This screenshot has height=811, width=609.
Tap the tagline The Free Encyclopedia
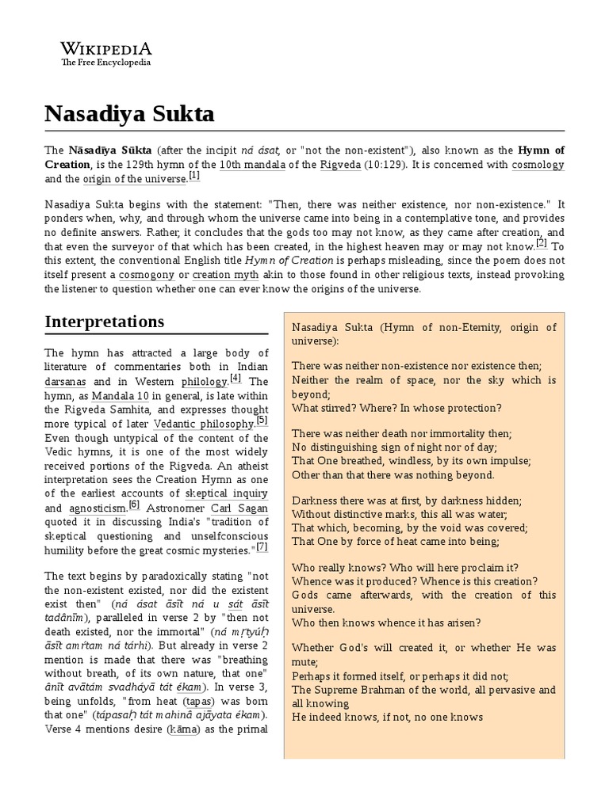(98, 63)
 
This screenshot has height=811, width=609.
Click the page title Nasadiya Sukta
(128, 113)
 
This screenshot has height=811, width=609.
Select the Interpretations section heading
(105, 321)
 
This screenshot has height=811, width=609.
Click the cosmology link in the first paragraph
(538, 165)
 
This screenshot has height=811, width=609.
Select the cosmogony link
(147, 274)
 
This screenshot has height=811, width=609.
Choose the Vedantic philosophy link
(204, 425)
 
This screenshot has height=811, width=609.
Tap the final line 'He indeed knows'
(387, 718)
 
